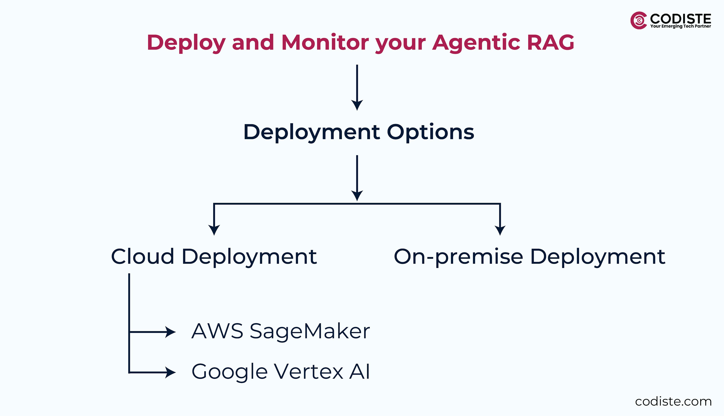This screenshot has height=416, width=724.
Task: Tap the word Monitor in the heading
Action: (x=325, y=42)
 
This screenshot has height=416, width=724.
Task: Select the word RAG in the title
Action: (x=550, y=42)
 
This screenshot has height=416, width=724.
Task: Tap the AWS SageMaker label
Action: (x=281, y=331)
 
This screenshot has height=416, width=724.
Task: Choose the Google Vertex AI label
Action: (x=281, y=372)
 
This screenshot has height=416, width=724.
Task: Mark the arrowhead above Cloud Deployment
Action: (x=214, y=230)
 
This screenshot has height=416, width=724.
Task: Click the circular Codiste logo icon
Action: (x=639, y=21)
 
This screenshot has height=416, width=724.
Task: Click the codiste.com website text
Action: (x=673, y=401)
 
